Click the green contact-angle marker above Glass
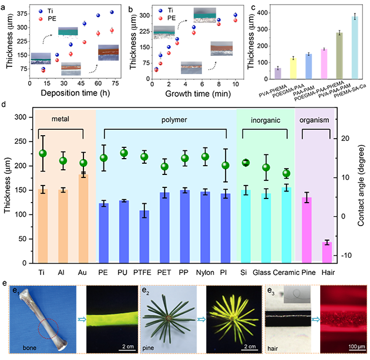pos(266,167)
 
